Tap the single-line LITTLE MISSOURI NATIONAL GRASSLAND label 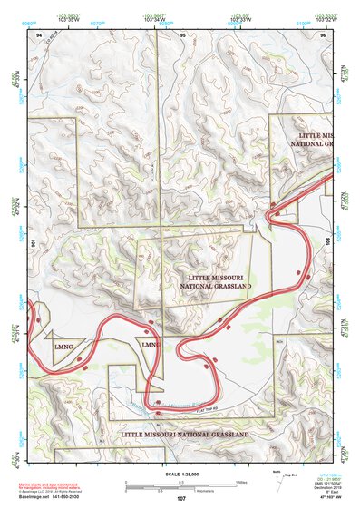click(185, 436)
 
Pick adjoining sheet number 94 click(39, 34)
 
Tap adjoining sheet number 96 click(323, 34)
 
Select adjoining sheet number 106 click(33, 242)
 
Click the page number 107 click(181, 499)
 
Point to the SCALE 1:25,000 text click(180, 475)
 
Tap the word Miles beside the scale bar click(242, 482)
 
